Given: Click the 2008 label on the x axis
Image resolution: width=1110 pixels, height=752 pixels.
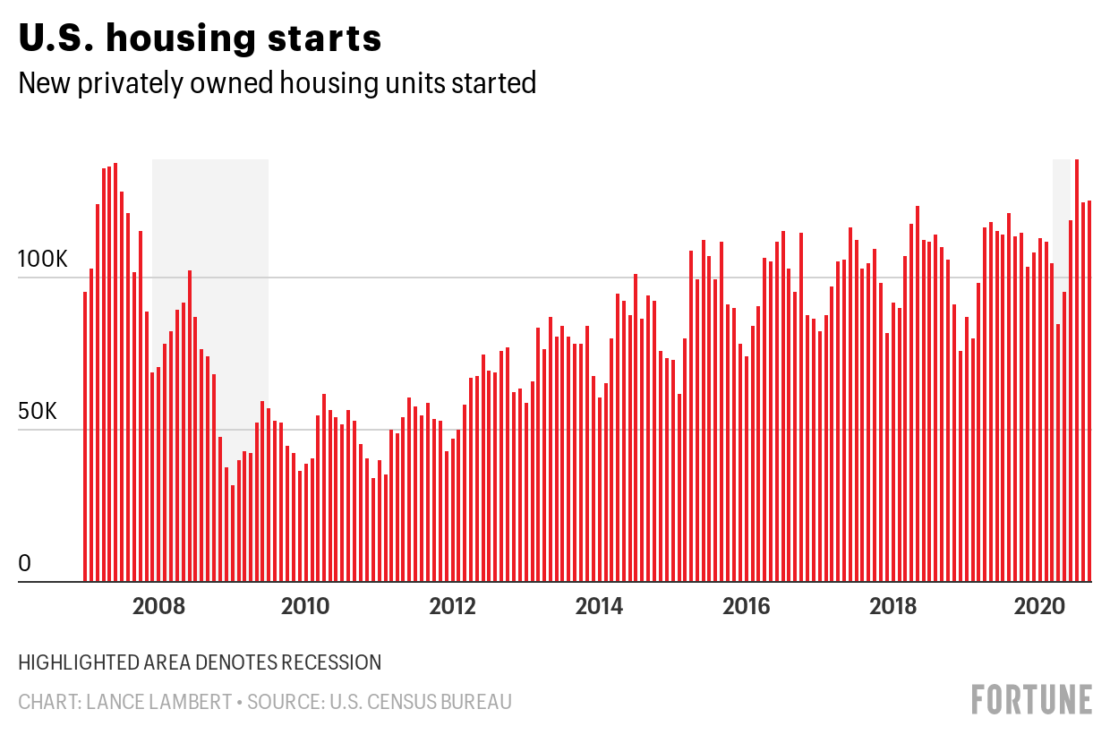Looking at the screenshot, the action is pos(158,606).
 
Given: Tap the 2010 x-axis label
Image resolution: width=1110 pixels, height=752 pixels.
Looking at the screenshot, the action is pos(305,606).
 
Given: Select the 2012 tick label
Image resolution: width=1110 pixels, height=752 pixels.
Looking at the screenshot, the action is pos(452,606).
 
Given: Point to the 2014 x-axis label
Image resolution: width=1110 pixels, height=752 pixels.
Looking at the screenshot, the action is pos(599,606).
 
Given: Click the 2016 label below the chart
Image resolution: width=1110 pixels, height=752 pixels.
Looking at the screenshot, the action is pos(747,606).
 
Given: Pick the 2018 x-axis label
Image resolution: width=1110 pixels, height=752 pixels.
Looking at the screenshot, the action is pos(893,606).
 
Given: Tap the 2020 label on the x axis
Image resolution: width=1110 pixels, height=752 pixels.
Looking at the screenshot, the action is pos(1039,606).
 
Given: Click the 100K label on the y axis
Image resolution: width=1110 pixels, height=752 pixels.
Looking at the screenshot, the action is pos(43,259).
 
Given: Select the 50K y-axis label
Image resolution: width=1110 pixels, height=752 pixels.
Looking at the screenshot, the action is pos(38,411).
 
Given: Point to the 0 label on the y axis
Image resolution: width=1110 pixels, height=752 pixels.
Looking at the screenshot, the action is pos(24,563).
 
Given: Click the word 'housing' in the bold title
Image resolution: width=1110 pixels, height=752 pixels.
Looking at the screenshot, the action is pos(181,39).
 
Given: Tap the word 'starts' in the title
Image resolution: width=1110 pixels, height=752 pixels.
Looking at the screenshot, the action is pos(325,38).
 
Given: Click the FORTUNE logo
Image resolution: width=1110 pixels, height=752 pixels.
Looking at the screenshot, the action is pos(1032,699).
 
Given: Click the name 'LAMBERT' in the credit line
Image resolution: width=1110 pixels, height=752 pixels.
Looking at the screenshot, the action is pos(159,702).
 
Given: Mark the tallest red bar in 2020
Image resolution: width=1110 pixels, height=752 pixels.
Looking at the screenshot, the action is pos(1077,371).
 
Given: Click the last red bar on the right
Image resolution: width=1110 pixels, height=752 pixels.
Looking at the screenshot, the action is pos(1089,391).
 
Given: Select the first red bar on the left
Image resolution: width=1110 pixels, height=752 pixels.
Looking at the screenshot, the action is pos(85,437).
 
